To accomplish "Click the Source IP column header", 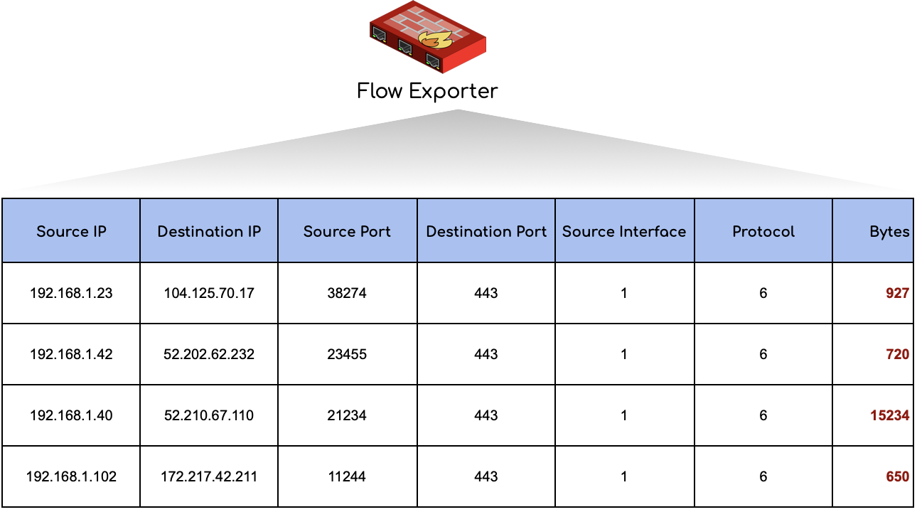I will click(71, 231).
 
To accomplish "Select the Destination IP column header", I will click(209, 231).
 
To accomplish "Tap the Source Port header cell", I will click(347, 231).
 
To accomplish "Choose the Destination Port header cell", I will click(486, 231).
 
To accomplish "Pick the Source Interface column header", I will click(624, 231).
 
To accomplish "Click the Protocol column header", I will click(763, 231).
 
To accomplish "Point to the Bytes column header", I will click(889, 231).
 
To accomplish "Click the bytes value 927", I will click(897, 293).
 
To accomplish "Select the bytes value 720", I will click(897, 354).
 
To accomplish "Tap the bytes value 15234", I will click(889, 415).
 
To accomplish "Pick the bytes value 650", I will click(897, 476).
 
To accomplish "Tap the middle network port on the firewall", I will click(405, 47).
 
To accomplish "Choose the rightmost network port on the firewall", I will click(432, 60).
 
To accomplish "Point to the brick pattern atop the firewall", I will click(427, 21).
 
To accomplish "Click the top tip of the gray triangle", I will click(458, 110).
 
